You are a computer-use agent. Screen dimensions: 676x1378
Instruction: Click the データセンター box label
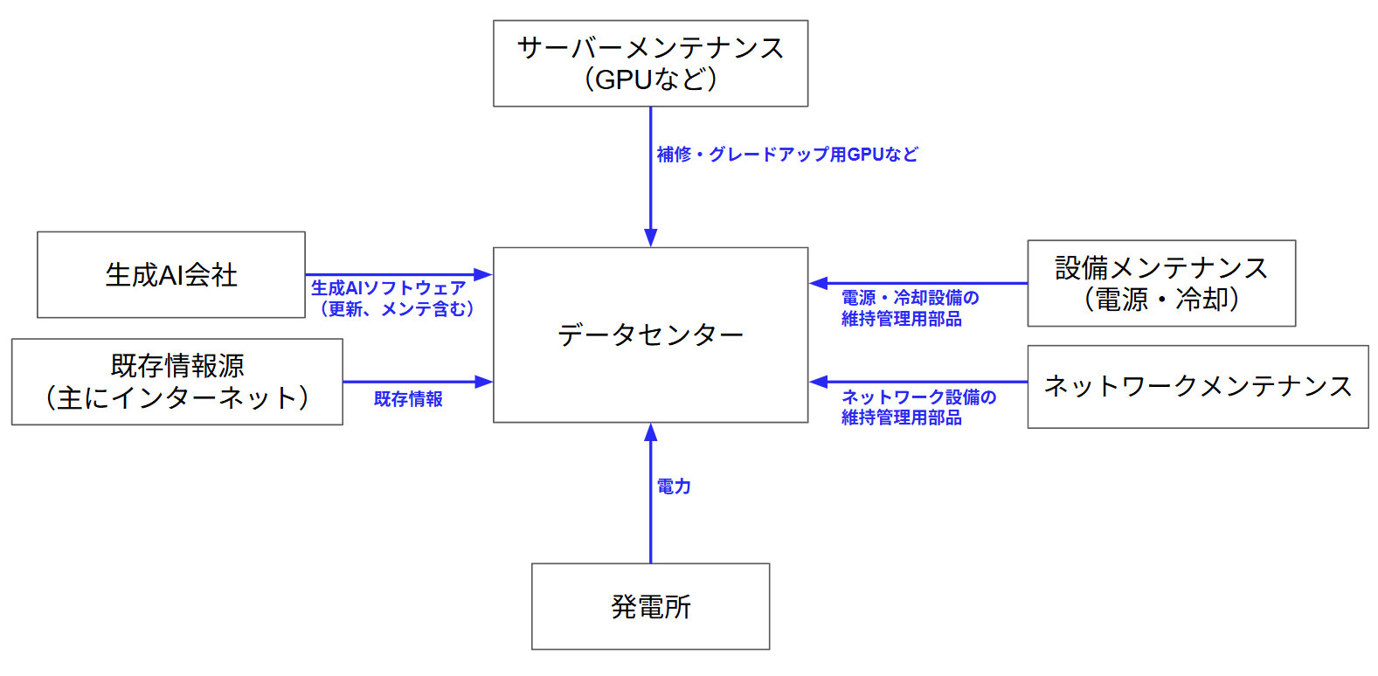tap(650, 335)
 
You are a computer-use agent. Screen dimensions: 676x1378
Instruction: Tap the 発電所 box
tap(650, 606)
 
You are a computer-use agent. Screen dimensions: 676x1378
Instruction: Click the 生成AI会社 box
tap(171, 275)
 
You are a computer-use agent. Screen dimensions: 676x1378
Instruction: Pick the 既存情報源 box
tap(177, 382)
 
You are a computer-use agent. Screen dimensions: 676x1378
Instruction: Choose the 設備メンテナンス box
tap(1161, 283)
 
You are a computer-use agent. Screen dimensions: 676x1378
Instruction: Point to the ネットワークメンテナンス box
tap(1198, 386)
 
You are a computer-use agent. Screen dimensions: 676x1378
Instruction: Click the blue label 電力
tap(673, 486)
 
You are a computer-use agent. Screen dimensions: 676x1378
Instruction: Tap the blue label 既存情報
tap(408, 399)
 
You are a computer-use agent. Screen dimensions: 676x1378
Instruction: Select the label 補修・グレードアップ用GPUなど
tap(787, 155)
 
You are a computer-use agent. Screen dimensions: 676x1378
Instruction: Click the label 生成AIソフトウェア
tap(389, 287)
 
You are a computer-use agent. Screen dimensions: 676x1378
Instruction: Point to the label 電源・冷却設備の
tap(910, 298)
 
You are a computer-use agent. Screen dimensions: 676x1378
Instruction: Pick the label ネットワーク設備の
tap(918, 397)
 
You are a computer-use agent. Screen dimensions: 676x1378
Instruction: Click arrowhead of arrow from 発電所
tap(650, 432)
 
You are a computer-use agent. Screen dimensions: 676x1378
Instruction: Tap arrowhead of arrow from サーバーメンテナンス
tap(650, 238)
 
